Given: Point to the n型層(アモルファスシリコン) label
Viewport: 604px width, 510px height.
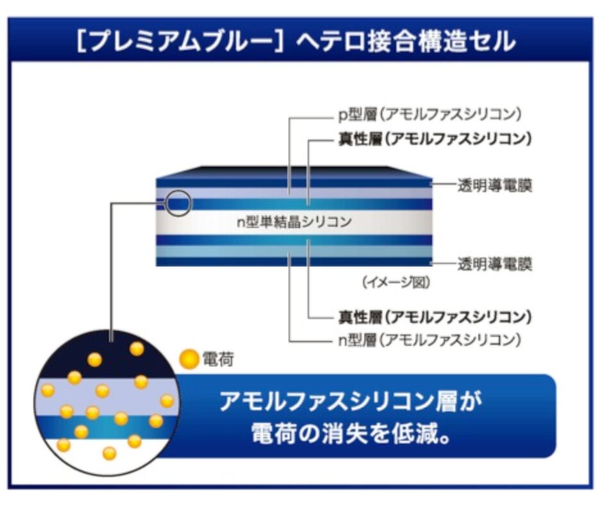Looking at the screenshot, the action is click(428, 339).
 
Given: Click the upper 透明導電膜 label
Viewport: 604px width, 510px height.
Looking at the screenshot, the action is click(495, 186).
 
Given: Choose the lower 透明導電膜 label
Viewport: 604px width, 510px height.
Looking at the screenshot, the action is click(495, 263).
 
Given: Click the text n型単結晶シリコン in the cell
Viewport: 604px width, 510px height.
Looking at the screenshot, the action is click(294, 222).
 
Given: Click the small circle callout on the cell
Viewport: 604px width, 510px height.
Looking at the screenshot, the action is click(178, 203).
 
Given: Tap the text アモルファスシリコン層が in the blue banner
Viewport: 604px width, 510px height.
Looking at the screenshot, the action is click(349, 402).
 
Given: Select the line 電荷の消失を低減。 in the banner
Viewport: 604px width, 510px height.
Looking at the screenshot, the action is click(349, 435).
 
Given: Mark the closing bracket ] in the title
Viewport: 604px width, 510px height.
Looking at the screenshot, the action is click(287, 42).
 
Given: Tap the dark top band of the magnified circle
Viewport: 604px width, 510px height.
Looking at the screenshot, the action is click(106, 349).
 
